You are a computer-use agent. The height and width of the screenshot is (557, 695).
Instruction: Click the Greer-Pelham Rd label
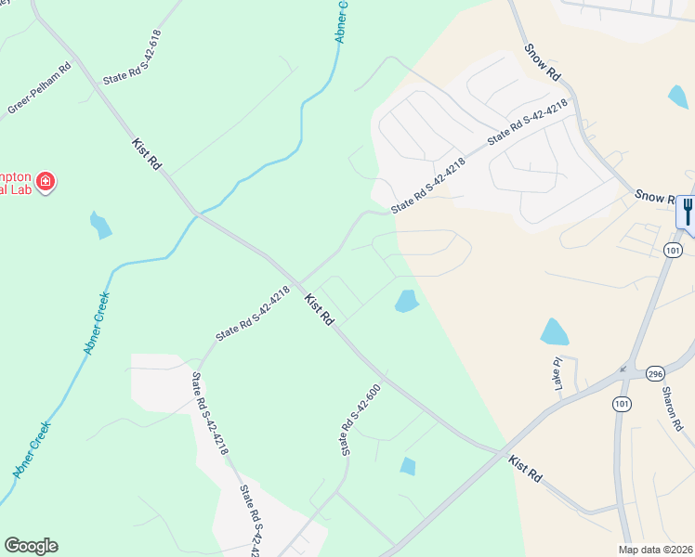39,89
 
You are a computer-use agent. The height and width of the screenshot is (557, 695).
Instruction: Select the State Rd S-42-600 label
361,420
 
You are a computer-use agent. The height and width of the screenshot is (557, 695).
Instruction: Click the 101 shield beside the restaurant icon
674,251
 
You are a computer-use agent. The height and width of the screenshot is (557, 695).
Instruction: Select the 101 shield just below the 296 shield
621,403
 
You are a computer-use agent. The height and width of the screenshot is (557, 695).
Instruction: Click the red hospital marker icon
45,182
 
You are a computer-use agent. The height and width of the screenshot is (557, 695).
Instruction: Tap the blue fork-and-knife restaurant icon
687,212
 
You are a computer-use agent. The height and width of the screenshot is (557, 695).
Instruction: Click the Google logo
31,546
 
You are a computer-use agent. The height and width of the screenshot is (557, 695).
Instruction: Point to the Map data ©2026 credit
656,550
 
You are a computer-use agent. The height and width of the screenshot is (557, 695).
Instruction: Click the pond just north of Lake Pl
554,331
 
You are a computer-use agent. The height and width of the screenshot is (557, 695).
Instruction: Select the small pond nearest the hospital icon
100,224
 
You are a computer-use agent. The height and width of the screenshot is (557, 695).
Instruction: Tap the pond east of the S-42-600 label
408,466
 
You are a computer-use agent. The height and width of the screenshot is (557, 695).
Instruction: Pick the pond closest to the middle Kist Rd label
406,301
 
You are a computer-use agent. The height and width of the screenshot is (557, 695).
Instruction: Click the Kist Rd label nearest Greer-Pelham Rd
147,153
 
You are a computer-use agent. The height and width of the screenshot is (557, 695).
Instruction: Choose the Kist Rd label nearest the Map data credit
525,467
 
